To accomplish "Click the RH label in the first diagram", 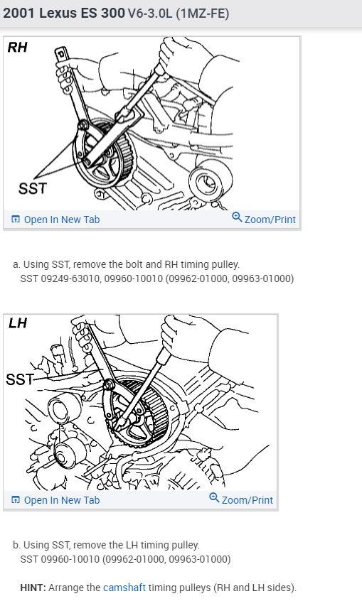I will pos(17,48).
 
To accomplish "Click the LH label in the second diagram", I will pos(17,323).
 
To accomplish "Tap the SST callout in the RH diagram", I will pos(31,188).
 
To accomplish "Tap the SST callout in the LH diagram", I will pos(19,379).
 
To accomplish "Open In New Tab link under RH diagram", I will pos(61,220).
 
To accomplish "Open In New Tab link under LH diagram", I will pos(61,500).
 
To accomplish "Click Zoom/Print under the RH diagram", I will pos(270,220).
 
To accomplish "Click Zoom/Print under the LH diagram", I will pos(247,500).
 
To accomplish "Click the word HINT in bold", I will pos(33,588).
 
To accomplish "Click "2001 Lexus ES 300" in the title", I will pos(56,13).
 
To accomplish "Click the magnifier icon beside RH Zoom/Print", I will pos(237,217).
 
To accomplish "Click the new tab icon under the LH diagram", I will pos(16,500).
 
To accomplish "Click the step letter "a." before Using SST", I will pos(16,264).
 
